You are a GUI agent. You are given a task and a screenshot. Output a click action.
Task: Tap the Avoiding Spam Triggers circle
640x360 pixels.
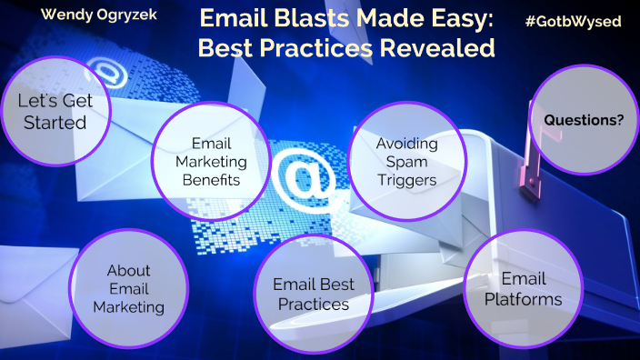[406, 161]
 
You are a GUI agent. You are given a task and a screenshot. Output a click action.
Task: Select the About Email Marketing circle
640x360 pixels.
[128, 289]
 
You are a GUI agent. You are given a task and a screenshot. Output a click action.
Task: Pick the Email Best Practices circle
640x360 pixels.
[312, 295]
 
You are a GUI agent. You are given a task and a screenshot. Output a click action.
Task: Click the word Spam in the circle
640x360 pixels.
[406, 161]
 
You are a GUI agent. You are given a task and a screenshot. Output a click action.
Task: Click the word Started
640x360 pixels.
[52, 122]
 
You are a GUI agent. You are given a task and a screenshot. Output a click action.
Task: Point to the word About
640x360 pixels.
[128, 270]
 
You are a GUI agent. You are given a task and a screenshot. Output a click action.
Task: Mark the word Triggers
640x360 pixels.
[406, 179]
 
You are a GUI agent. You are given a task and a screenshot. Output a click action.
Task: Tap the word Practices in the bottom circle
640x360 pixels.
[313, 305]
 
